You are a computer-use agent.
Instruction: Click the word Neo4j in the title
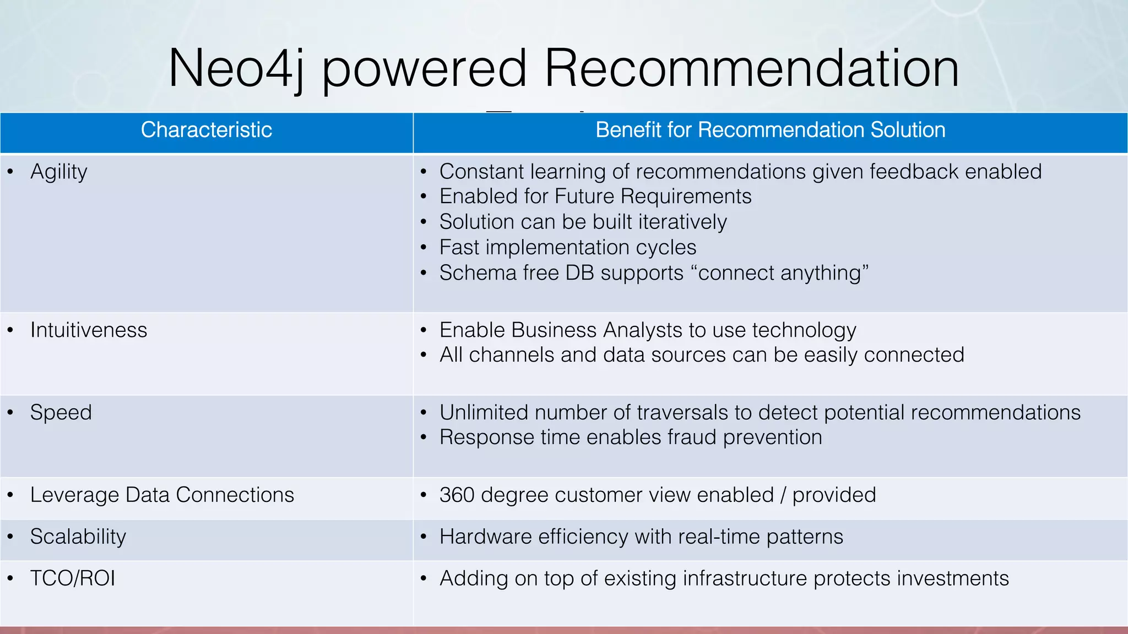(236, 69)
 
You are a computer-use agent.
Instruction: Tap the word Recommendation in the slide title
(751, 69)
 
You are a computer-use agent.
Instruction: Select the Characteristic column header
(206, 130)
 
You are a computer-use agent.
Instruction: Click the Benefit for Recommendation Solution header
(770, 130)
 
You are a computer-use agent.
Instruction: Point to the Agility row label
(58, 172)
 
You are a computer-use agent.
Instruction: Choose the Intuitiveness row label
(89, 330)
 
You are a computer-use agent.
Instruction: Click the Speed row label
(61, 413)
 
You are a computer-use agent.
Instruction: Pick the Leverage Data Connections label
(162, 495)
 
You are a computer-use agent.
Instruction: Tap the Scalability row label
(78, 537)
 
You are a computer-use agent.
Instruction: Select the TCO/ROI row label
(72, 578)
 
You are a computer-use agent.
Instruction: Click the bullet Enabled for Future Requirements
(595, 196)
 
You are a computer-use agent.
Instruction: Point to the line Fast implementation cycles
(567, 248)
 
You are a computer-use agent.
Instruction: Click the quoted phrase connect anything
(783, 273)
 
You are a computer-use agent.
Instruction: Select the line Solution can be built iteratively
(583, 222)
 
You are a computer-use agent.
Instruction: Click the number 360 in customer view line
(457, 495)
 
